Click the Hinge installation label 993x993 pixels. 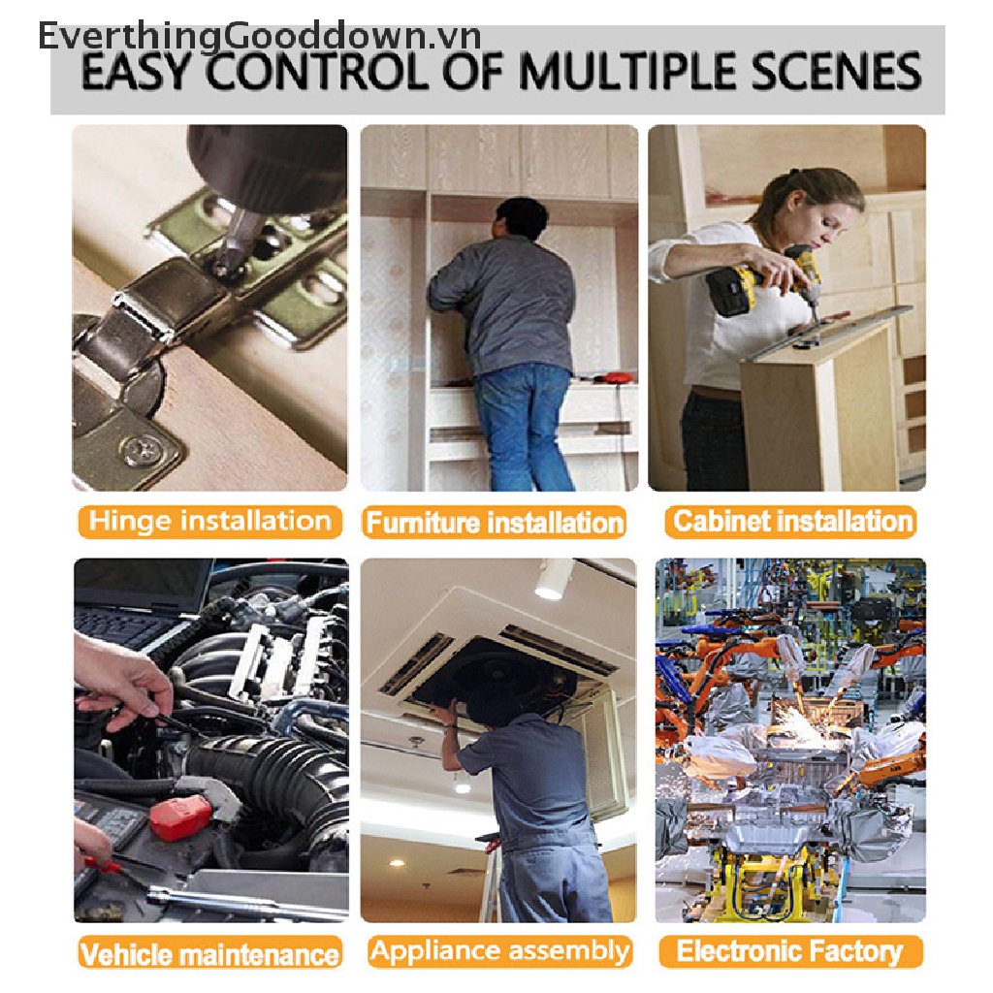click(x=209, y=521)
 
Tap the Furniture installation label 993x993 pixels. click(x=494, y=523)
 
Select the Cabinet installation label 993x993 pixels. click(x=791, y=521)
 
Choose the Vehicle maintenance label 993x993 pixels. click(x=209, y=954)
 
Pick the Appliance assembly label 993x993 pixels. click(x=499, y=951)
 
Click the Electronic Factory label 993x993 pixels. click(x=790, y=951)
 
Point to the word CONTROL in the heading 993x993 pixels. click(x=317, y=71)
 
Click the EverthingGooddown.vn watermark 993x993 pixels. click(x=260, y=36)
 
